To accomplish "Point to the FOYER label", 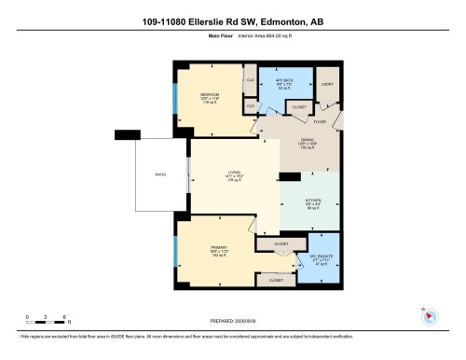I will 318,119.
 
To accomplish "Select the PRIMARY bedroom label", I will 215,248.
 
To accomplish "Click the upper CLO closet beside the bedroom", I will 251,81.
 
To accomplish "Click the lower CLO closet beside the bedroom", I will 251,107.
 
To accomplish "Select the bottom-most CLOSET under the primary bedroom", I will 277,280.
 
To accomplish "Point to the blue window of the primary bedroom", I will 174,251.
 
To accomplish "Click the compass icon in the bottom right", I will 429,315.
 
